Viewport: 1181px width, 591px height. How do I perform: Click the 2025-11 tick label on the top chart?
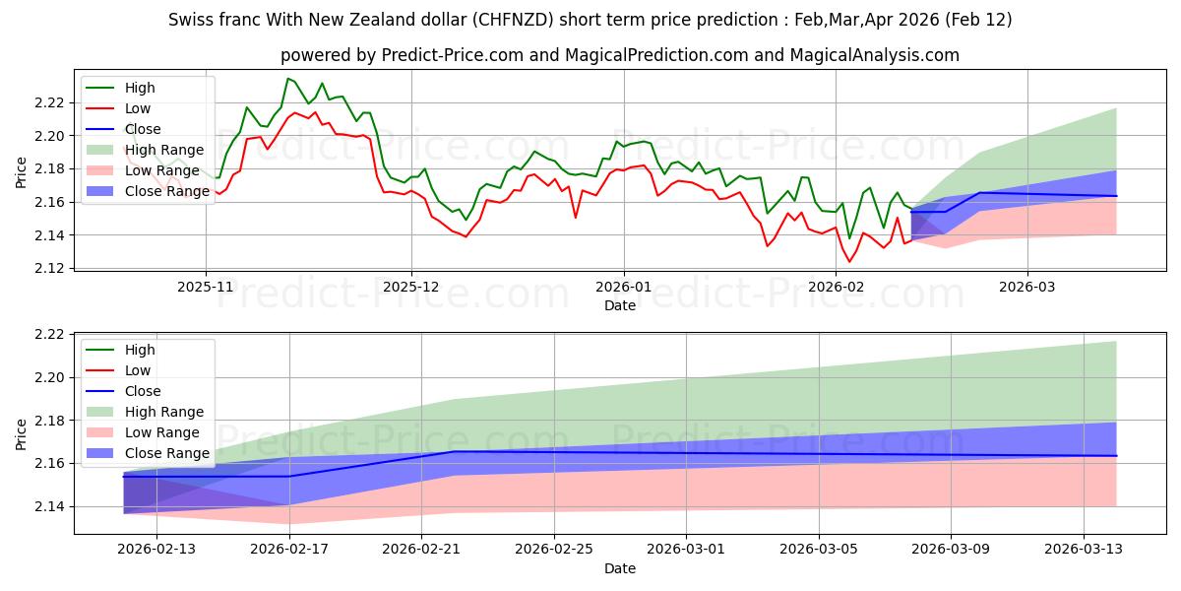[206, 288]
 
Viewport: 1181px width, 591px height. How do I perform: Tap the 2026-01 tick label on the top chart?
[623, 288]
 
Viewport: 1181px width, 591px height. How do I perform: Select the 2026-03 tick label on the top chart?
[1027, 288]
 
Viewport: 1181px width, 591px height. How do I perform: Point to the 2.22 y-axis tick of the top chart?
[51, 102]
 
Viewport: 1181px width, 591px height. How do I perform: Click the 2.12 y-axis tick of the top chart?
[51, 269]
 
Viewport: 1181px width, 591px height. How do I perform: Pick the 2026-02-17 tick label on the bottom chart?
[289, 550]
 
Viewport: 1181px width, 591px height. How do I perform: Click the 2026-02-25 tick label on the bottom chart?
[554, 550]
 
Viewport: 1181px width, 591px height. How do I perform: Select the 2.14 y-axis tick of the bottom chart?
[51, 506]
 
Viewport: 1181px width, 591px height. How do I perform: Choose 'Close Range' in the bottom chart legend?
[165, 453]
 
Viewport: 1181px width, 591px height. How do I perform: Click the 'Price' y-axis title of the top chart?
[21, 173]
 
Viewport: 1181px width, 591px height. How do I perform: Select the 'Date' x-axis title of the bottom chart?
[620, 568]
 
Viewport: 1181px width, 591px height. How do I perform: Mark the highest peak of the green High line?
[287, 79]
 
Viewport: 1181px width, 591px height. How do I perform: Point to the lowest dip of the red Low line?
[849, 261]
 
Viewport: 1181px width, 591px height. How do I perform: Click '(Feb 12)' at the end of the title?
[974, 20]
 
